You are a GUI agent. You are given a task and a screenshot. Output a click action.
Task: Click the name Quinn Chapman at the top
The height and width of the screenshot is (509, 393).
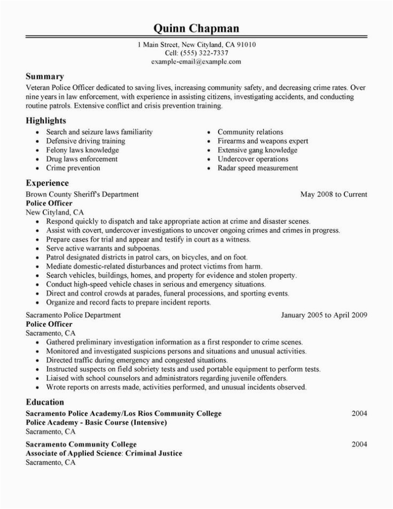point(196,28)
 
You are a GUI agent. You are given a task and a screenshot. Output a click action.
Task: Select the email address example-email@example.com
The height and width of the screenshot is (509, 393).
point(196,62)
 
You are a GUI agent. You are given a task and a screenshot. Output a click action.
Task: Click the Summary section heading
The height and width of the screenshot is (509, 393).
point(45,76)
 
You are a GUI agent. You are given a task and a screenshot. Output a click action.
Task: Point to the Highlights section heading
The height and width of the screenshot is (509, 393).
point(48,120)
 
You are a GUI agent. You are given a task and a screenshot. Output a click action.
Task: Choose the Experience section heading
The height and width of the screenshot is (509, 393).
point(49,182)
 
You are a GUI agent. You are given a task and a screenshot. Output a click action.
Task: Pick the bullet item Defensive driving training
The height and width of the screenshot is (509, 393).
point(85,141)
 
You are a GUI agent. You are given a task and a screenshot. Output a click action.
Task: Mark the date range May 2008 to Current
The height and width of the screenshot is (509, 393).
point(334,194)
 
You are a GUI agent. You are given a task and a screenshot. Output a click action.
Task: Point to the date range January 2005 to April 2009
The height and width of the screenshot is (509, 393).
point(324,315)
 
